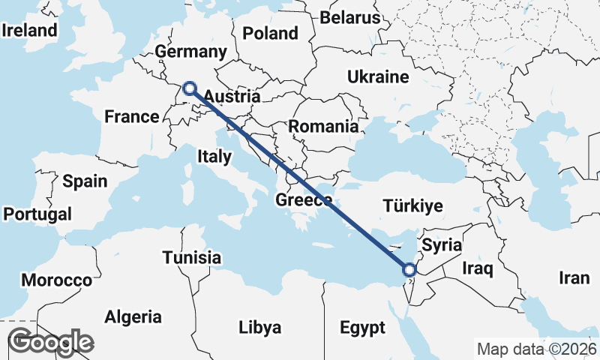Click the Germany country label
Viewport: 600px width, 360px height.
coord(190,52)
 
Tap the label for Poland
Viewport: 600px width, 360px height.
coord(271,33)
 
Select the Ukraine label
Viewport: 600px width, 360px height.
coord(378,76)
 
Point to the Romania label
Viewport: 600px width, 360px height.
coord(324,126)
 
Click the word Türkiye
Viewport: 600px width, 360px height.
coord(412,205)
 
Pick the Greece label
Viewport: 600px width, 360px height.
coord(304,200)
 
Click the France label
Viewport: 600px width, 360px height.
coord(132,116)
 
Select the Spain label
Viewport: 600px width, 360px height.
coord(85,181)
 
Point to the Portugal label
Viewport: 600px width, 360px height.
coord(37,214)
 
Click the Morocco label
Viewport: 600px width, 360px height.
coord(56,280)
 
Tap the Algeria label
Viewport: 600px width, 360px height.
coord(133,316)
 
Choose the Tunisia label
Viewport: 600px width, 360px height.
coord(193,257)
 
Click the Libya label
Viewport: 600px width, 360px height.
coord(259,328)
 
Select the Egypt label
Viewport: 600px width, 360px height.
coord(362,328)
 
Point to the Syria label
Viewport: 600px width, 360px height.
coord(442,244)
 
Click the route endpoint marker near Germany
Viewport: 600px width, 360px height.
coord(190,88)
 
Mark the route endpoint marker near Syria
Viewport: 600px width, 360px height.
coord(409,270)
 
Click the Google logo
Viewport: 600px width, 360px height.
coord(50,342)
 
